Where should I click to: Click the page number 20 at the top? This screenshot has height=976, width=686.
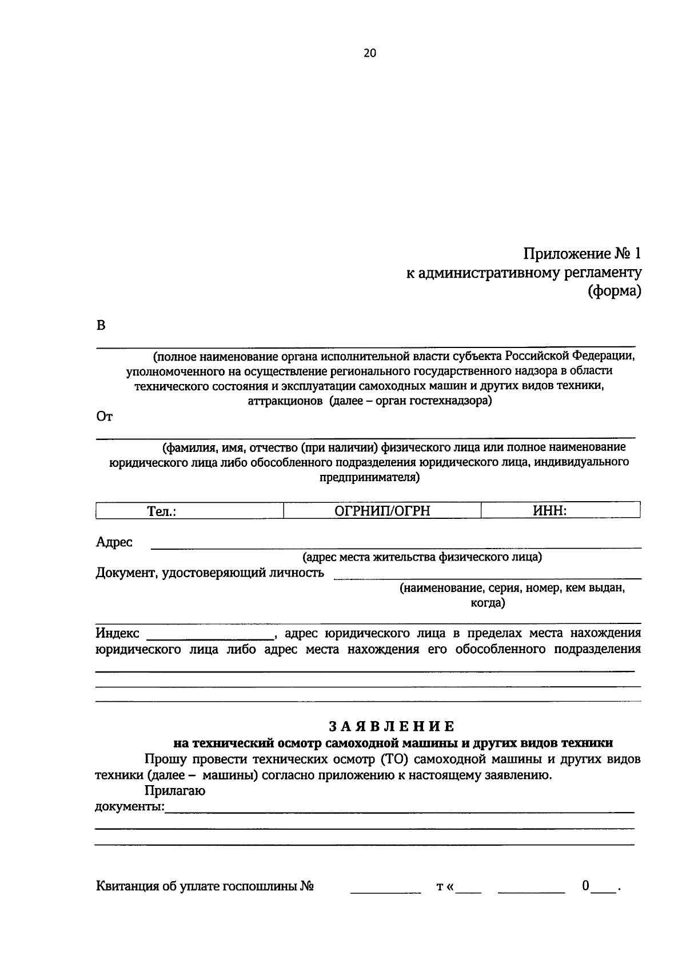coord(370,53)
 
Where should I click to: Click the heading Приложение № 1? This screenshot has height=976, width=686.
coord(583,253)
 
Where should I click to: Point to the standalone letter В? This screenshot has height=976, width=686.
coord(101,326)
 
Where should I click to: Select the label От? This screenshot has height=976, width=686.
coord(104,417)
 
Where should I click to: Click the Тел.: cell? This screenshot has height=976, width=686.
coord(161,511)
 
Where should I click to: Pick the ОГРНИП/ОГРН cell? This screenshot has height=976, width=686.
coord(382,511)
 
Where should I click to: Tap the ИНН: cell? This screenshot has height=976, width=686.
coord(549,511)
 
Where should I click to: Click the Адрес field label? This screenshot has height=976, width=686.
coord(114,542)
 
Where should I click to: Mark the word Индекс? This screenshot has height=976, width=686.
coord(117,633)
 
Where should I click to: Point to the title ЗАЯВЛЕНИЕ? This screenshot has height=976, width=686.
coord(392,726)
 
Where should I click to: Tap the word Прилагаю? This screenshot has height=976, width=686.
coord(175,791)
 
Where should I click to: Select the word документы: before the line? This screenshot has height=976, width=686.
coord(129,807)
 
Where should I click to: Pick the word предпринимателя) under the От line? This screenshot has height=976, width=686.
coord(369,478)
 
